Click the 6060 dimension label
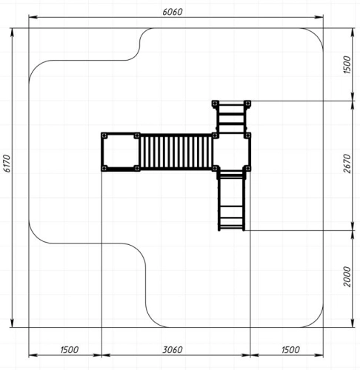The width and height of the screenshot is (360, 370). (x=173, y=12)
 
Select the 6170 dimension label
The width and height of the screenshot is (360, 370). (x=7, y=164)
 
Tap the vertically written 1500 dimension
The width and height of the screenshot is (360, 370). (x=347, y=64)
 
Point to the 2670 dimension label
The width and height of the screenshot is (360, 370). (x=347, y=164)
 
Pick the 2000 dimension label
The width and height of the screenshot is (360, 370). (x=347, y=277)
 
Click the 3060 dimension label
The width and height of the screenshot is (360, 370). (x=173, y=349)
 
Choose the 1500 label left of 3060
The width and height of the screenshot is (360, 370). (x=70, y=349)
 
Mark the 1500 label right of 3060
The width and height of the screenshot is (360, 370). (x=290, y=349)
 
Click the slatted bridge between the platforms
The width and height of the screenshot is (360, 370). (x=176, y=152)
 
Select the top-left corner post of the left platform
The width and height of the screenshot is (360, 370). (x=104, y=135)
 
